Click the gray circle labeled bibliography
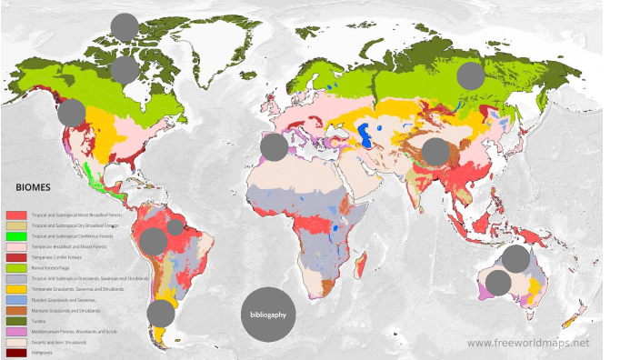(268, 315)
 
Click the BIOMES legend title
(34, 187)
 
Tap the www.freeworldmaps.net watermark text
(528, 344)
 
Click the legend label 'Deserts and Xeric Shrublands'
(60, 342)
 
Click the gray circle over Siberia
(471, 75)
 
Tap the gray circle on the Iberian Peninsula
(274, 146)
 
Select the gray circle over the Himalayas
(435, 152)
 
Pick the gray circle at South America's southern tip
(161, 314)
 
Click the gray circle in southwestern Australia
(498, 283)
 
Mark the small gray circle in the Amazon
(175, 227)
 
